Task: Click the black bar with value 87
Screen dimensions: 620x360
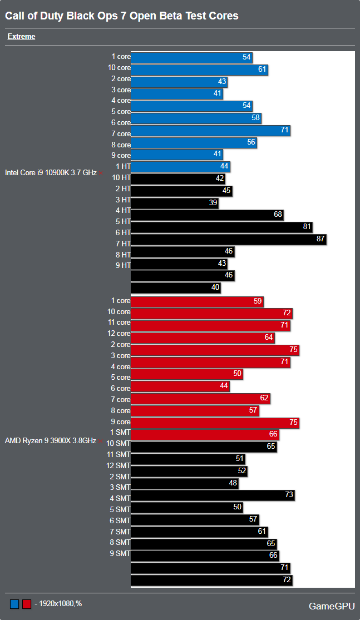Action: pyautogui.click(x=228, y=240)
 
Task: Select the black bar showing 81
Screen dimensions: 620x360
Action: pyautogui.click(x=221, y=227)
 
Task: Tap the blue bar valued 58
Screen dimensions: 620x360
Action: pyautogui.click(x=196, y=118)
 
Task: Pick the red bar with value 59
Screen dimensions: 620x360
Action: pyautogui.click(x=197, y=301)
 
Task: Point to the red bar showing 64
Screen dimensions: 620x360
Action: pyautogui.click(x=203, y=338)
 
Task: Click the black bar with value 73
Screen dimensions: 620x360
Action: pyautogui.click(x=213, y=495)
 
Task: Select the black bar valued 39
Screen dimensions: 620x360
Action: pyautogui.click(x=174, y=203)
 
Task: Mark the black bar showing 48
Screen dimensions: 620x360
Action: pyautogui.click(x=185, y=483)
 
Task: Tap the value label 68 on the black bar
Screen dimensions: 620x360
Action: pyautogui.click(x=278, y=215)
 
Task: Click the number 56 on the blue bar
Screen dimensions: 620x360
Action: pyautogui.click(x=251, y=142)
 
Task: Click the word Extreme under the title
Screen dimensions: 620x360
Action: pyautogui.click(x=21, y=37)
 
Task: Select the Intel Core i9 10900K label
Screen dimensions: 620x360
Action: pyautogui.click(x=51, y=172)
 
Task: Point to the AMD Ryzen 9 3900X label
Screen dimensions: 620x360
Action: pyautogui.click(x=50, y=441)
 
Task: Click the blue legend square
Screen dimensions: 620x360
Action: pyautogui.click(x=14, y=604)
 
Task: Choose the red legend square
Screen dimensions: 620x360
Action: pyautogui.click(x=26, y=604)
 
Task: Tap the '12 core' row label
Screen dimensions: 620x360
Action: pyautogui.click(x=119, y=334)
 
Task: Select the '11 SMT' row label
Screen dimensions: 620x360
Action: pyautogui.click(x=119, y=454)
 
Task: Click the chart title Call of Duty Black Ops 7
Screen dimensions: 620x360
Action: pyautogui.click(x=122, y=16)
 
